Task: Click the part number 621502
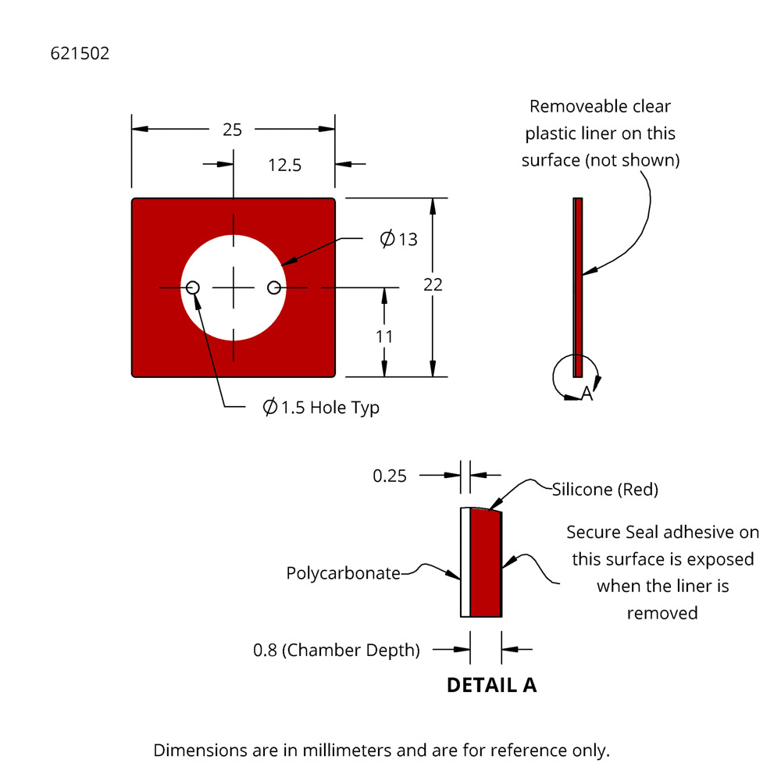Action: tap(80, 54)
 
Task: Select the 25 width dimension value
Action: tap(232, 130)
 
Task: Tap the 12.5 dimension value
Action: tap(284, 165)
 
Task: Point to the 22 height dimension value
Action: tap(433, 285)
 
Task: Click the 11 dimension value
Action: tap(384, 337)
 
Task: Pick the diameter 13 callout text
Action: tap(399, 239)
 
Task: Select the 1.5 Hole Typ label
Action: tap(321, 408)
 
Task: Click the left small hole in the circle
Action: tap(193, 288)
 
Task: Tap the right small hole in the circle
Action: tap(274, 288)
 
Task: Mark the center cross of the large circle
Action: tap(234, 288)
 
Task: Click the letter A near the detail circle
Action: tap(587, 395)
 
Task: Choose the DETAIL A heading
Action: tap(491, 685)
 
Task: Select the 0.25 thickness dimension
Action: tap(390, 476)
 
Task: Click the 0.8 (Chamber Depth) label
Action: tap(337, 650)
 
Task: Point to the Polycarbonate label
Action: tap(343, 573)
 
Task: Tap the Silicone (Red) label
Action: tap(605, 490)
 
